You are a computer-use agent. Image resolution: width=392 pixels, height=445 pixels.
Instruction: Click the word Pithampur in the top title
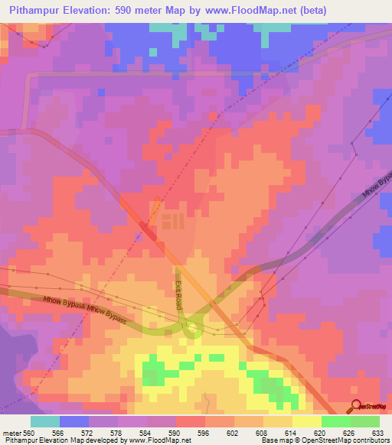tap(39, 11)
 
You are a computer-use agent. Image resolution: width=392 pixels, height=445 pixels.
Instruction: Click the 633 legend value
tap(379, 434)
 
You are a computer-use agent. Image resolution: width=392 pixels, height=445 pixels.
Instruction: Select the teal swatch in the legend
tap(45, 421)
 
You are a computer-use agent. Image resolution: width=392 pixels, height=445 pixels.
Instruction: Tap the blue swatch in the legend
tap(74, 421)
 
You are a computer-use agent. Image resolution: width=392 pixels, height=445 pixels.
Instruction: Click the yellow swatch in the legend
tap(306, 421)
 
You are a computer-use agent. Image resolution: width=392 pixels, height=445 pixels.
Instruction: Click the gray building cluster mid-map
tap(172, 222)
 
